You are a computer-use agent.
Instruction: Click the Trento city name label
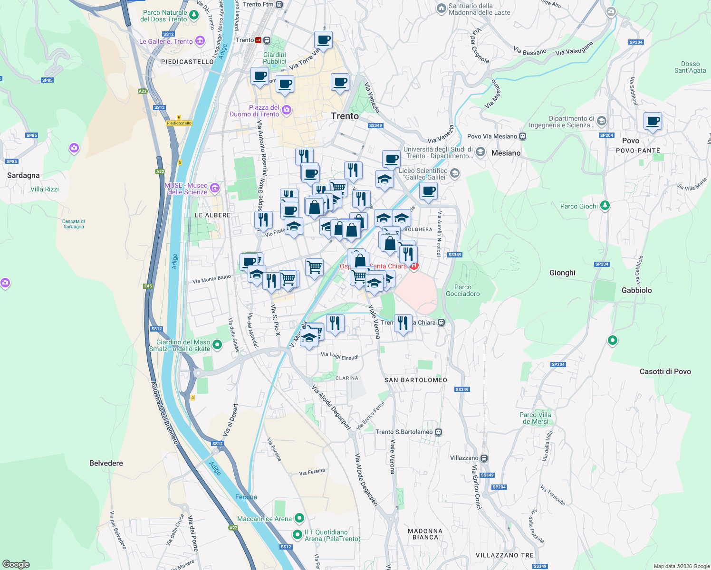(345, 116)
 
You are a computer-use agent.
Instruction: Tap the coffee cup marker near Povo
(653, 121)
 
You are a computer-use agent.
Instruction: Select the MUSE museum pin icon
(215, 188)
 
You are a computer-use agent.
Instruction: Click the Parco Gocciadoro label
(462, 290)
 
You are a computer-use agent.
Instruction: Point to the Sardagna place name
(23, 175)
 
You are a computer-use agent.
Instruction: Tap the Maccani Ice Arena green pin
(299, 518)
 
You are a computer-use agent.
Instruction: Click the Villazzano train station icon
(484, 458)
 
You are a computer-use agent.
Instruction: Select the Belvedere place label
(106, 463)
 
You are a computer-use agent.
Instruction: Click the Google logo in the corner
(16, 564)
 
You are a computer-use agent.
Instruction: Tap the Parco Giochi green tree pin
(605, 206)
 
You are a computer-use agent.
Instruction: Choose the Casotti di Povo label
(665, 371)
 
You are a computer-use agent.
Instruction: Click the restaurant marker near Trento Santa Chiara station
(403, 323)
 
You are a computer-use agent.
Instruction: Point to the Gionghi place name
(562, 273)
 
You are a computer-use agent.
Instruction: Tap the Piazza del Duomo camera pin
(286, 110)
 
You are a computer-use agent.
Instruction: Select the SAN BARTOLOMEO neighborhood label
(415, 380)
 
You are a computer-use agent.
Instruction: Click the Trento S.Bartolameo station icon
(439, 432)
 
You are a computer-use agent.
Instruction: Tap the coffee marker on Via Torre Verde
(323, 40)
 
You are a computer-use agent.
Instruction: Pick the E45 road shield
(148, 286)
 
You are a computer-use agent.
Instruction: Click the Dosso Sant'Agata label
(690, 67)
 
